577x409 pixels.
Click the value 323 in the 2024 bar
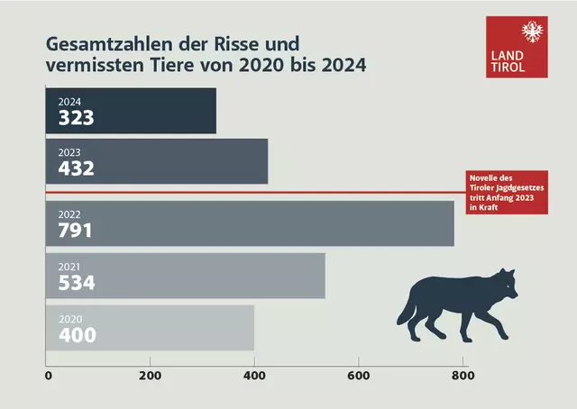[77, 118]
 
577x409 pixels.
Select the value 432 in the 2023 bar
[77, 168]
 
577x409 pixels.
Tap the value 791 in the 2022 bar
[76, 231]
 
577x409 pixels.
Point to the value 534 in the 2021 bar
[77, 283]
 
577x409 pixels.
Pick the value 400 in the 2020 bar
[77, 335]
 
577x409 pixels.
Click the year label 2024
[69, 102]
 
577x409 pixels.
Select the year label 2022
[69, 214]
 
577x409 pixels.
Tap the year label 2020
[69, 319]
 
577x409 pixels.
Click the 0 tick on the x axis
[47, 377]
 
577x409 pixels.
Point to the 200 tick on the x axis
[150, 377]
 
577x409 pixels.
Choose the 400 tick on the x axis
[254, 377]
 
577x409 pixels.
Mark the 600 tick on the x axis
[359, 377]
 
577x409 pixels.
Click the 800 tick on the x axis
[463, 377]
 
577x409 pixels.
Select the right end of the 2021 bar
[324, 276]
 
